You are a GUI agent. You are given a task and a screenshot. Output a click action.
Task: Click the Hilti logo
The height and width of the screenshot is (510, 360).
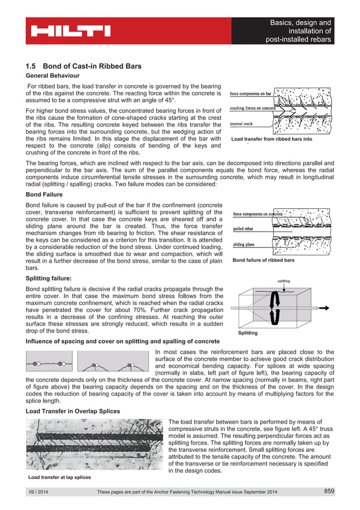[71, 31]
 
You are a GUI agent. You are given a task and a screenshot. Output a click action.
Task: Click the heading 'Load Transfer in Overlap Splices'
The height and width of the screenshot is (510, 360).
[73, 411]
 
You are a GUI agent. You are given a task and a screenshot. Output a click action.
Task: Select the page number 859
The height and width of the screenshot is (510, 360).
[329, 491]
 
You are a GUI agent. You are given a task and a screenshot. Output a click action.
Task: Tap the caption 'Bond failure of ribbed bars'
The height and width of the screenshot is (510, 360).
[263, 260]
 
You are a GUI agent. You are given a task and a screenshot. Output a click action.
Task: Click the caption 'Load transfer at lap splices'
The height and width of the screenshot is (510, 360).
[60, 478]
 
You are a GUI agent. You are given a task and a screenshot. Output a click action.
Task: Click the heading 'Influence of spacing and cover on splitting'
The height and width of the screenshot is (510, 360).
[123, 342]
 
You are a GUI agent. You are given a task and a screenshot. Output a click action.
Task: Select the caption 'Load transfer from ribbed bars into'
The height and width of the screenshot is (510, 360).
[271, 138]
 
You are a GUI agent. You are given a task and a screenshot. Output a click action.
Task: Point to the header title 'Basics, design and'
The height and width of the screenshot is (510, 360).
[300, 23]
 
